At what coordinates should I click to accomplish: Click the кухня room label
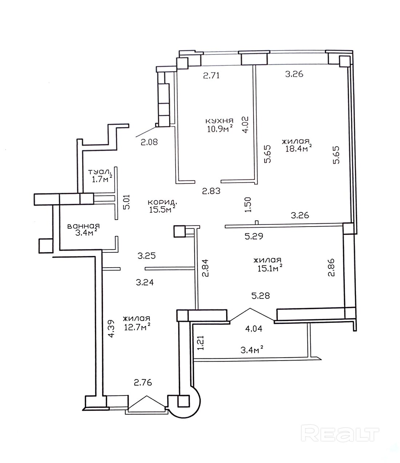219,121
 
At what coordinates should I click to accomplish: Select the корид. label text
162,202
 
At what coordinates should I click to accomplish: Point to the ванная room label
84,226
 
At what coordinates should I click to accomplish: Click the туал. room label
100,172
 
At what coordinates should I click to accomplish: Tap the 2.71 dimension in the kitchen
211,76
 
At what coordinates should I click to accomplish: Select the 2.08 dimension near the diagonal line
149,142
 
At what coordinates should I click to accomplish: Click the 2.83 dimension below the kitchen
211,191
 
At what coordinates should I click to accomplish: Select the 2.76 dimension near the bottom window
143,382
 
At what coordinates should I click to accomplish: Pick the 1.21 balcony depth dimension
200,343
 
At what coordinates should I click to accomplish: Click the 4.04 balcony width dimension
254,329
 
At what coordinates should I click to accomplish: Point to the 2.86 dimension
331,268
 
